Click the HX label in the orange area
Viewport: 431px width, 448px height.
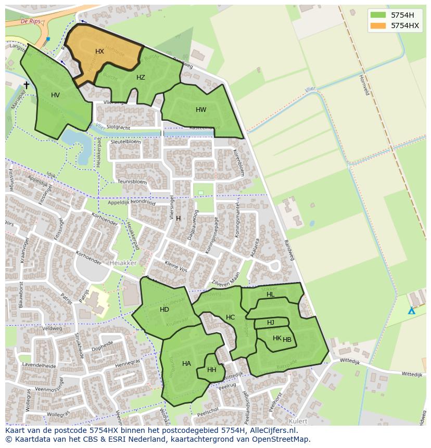(x=99, y=52)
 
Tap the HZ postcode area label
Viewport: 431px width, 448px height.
(x=141, y=78)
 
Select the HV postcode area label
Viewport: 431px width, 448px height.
(x=56, y=95)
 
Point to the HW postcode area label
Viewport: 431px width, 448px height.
(x=201, y=110)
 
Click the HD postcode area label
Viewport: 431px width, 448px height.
(x=164, y=310)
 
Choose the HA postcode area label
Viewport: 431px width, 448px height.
(x=186, y=364)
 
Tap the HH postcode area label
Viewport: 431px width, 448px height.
(x=212, y=370)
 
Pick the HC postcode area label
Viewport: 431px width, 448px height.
(x=230, y=317)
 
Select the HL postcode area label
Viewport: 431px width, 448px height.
(x=271, y=295)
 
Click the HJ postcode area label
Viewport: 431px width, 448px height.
(x=271, y=323)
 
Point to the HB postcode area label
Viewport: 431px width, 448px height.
(x=287, y=340)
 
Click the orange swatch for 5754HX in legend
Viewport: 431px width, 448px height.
(x=378, y=25)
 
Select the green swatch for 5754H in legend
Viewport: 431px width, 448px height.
(x=378, y=15)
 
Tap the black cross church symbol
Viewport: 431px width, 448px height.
(x=27, y=85)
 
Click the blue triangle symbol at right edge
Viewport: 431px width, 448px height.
(x=411, y=311)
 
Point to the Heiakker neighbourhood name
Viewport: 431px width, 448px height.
(x=123, y=264)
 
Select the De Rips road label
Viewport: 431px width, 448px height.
(x=31, y=21)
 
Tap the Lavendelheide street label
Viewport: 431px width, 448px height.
(x=39, y=366)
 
